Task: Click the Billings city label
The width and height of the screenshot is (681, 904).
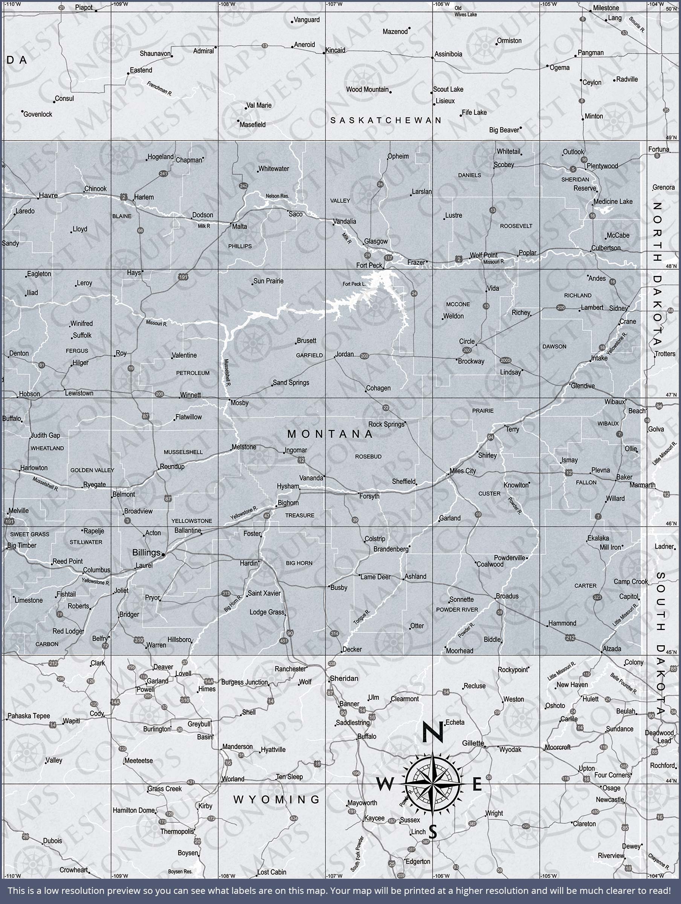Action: click(146, 553)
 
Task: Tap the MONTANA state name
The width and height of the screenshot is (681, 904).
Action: click(330, 434)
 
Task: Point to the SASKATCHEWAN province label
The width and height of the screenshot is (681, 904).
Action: click(386, 120)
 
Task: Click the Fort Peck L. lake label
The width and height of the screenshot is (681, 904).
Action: click(354, 284)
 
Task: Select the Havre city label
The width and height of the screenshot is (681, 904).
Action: click(48, 195)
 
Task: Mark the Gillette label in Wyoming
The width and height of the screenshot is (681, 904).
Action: click(473, 743)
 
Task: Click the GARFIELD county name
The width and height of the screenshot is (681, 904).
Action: click(310, 355)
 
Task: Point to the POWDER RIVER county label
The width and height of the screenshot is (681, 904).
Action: click(457, 610)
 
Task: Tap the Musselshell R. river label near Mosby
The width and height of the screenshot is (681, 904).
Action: click(227, 372)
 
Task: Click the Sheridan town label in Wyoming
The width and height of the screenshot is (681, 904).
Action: click(344, 678)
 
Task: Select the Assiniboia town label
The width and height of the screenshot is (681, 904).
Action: click(449, 54)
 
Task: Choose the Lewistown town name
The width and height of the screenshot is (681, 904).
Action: click(79, 393)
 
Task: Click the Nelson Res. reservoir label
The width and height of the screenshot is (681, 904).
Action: click(277, 196)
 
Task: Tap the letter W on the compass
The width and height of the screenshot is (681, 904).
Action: click(385, 784)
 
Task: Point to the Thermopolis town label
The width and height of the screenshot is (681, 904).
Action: click(177, 831)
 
